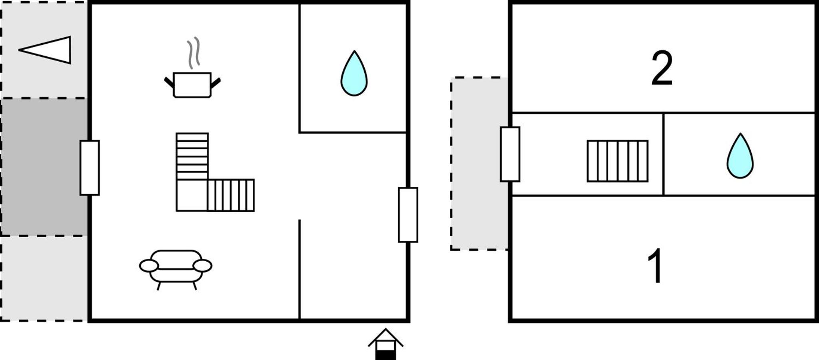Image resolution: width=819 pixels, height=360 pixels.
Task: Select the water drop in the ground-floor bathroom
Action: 354,74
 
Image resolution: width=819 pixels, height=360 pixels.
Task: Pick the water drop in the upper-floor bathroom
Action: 740,156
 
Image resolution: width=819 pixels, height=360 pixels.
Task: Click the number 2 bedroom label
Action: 662,68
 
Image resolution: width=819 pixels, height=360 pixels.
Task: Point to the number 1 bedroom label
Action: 655,266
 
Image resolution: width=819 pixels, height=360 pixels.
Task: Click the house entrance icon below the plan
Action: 386,344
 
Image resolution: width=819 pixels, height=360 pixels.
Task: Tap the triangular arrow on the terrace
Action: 45,50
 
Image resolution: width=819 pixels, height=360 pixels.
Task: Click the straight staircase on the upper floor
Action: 617,161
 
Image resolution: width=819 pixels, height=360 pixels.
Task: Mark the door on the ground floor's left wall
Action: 90,168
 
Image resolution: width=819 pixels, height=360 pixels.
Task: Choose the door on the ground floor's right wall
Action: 408,215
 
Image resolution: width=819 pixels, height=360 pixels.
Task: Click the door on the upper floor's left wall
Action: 510,154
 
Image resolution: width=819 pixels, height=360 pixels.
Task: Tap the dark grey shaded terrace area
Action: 44,167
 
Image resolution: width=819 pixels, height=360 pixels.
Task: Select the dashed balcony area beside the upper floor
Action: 479,164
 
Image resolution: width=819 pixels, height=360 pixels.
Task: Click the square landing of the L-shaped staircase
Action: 192,195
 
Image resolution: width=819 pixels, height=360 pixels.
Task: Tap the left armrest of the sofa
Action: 149,266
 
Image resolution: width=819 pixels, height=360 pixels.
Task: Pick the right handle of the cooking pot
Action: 216,83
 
